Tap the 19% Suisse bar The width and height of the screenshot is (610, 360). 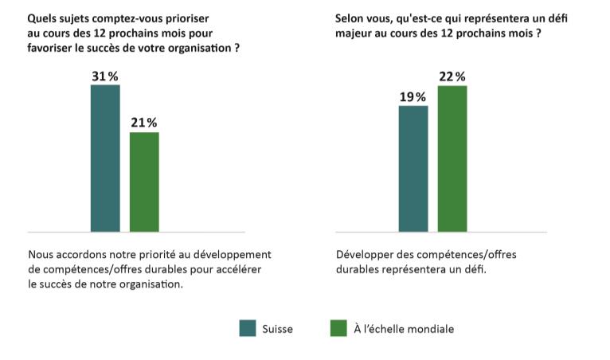click(x=413, y=168)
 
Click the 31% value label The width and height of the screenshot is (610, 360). click(x=105, y=76)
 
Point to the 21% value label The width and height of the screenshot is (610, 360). click(x=144, y=123)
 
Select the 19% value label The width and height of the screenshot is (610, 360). click(x=413, y=96)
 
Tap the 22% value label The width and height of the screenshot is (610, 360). click(x=452, y=76)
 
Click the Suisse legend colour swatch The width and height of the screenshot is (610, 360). click(x=247, y=328)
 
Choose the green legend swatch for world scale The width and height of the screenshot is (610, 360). click(x=338, y=328)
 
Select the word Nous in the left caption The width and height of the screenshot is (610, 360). click(x=41, y=255)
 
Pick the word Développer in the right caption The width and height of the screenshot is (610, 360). click(x=366, y=255)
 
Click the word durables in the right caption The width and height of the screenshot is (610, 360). click(x=358, y=269)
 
